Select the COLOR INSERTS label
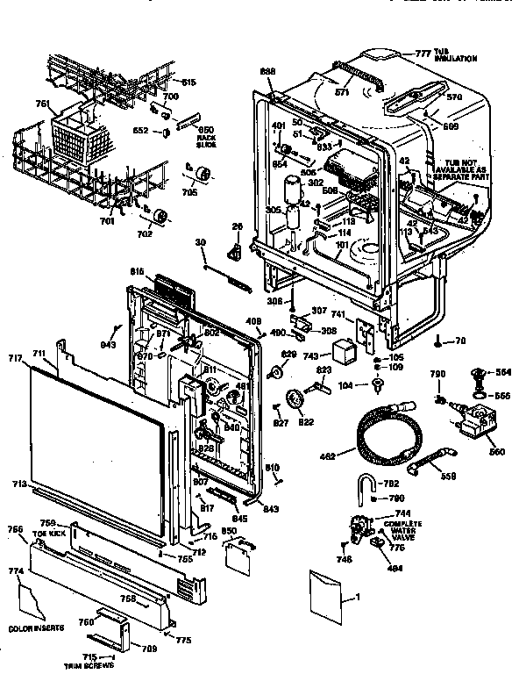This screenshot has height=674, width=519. (33, 628)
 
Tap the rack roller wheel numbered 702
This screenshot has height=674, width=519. (160, 219)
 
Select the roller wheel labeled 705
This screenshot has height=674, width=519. (209, 176)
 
